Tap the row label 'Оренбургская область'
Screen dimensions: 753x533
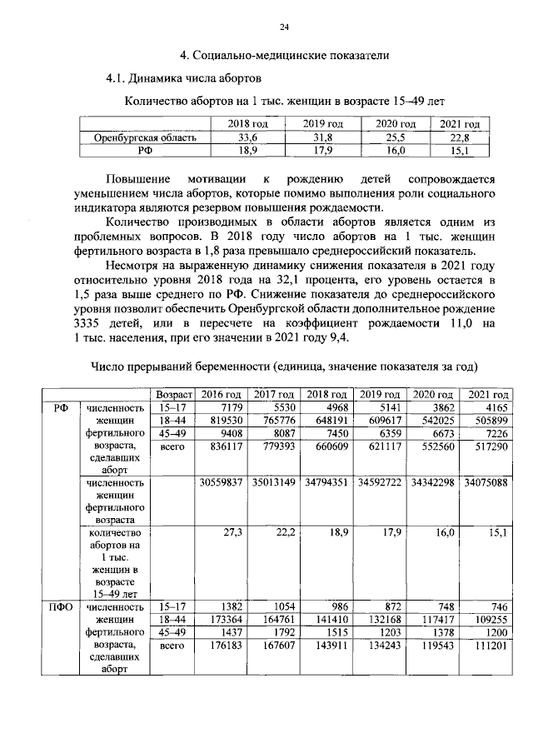click(x=145, y=138)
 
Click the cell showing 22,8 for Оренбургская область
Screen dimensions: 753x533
click(x=454, y=138)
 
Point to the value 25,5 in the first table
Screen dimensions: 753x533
click(x=391, y=138)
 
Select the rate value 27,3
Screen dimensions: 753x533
click(x=232, y=531)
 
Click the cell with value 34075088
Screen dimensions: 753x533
click(x=486, y=482)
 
